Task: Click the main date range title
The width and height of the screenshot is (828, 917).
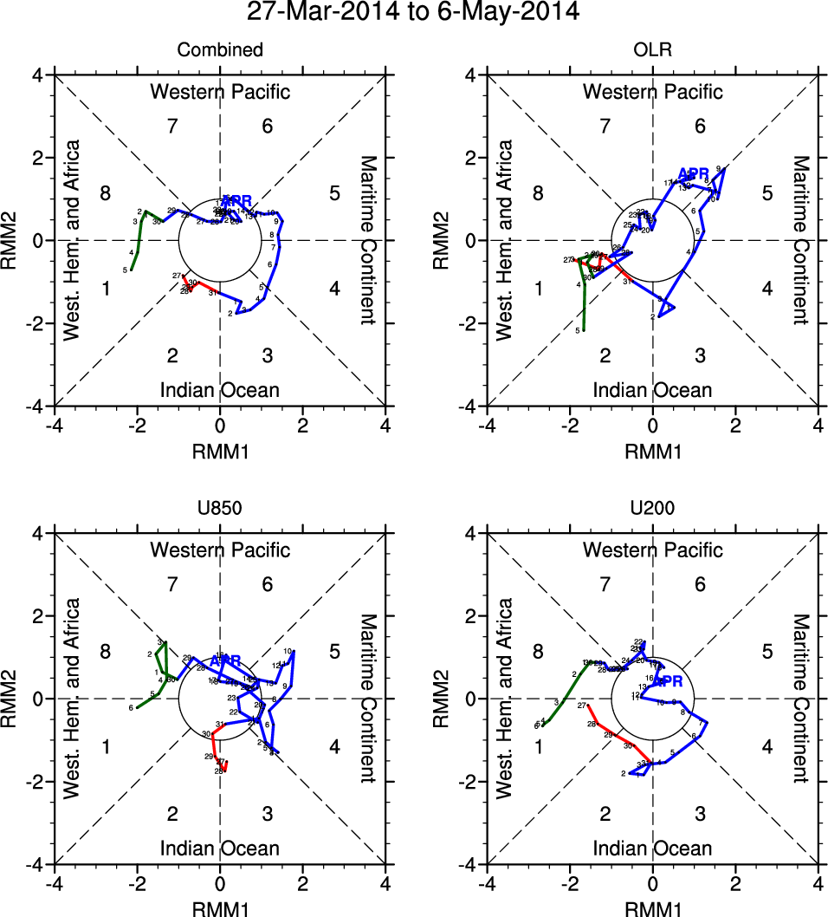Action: (413, 12)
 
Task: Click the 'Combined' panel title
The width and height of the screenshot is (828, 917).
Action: (220, 50)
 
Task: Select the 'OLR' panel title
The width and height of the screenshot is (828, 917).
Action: (652, 50)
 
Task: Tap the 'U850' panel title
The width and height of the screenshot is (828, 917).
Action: (220, 509)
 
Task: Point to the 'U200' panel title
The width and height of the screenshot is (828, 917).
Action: (652, 509)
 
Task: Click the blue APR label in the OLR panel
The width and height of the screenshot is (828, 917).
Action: (694, 173)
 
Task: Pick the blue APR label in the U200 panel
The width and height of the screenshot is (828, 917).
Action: (667, 681)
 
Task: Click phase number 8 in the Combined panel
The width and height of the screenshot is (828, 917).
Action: (106, 193)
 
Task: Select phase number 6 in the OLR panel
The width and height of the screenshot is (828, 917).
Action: (700, 127)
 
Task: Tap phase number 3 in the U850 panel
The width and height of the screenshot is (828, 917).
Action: (268, 813)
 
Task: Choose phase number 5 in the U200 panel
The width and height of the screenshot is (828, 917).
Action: (767, 652)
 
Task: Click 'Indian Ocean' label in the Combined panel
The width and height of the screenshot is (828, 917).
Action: (220, 390)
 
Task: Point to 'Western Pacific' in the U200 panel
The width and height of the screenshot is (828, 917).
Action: (652, 550)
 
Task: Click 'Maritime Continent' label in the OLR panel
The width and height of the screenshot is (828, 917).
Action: (800, 240)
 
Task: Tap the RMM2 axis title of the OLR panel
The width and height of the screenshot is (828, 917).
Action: (450, 240)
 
